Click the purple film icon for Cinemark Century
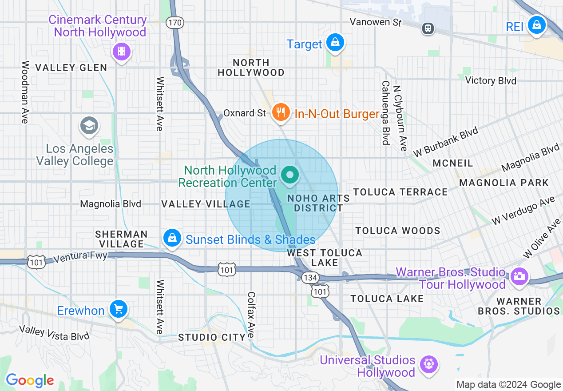coord(121,52)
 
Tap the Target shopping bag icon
coord(335,43)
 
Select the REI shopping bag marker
coord(537,25)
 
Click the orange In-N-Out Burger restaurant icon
coord(281,112)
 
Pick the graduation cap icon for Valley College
coord(89,126)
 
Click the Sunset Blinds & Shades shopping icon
coord(172,239)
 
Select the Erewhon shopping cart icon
coord(118,309)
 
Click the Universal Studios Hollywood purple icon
coord(428,365)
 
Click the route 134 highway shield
coord(309,278)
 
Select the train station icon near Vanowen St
coord(428,28)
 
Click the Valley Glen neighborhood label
coord(71,68)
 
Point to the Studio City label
coord(212,337)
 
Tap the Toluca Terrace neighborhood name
coord(400,192)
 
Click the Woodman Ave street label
coord(25,92)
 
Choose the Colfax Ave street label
coord(251,315)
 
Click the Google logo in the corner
coord(30,380)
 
